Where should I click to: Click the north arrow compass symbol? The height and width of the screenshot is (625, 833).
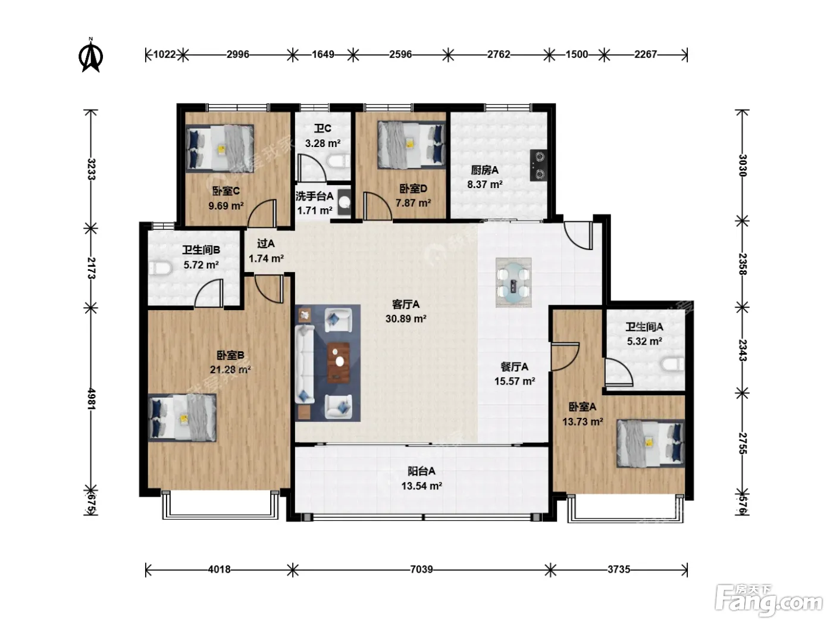[x=90, y=55]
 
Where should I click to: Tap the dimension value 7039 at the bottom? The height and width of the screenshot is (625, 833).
[x=422, y=569]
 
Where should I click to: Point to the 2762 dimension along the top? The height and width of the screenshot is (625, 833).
[x=499, y=54]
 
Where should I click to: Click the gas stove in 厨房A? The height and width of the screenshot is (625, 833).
[x=539, y=165]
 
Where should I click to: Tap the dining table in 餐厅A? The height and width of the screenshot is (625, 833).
[x=513, y=282]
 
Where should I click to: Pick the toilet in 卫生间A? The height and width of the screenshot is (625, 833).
[x=673, y=365]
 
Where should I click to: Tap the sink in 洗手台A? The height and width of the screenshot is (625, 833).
[x=344, y=202]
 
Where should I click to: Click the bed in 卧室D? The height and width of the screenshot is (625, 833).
[x=411, y=145]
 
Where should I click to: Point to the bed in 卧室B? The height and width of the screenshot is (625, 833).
[x=182, y=417]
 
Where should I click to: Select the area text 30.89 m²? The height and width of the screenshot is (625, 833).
[x=406, y=319]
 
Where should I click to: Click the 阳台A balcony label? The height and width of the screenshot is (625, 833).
[x=421, y=471]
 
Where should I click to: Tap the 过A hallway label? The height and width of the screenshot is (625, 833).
[x=265, y=243]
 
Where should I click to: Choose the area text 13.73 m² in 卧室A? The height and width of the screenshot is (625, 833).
[x=583, y=421]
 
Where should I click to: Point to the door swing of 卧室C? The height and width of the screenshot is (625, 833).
[x=262, y=213]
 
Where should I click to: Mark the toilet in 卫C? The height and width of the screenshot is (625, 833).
[x=339, y=161]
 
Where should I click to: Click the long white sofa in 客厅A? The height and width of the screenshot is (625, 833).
[x=305, y=364]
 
